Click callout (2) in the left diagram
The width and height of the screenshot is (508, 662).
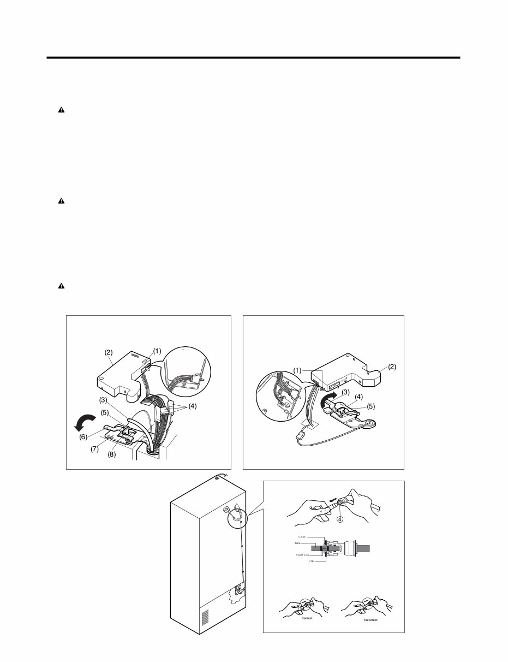[x=108, y=353]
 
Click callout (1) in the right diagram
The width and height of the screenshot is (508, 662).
[x=297, y=370]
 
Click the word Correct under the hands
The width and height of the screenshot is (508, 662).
[x=307, y=617]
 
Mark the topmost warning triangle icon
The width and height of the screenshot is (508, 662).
[x=61, y=110]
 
